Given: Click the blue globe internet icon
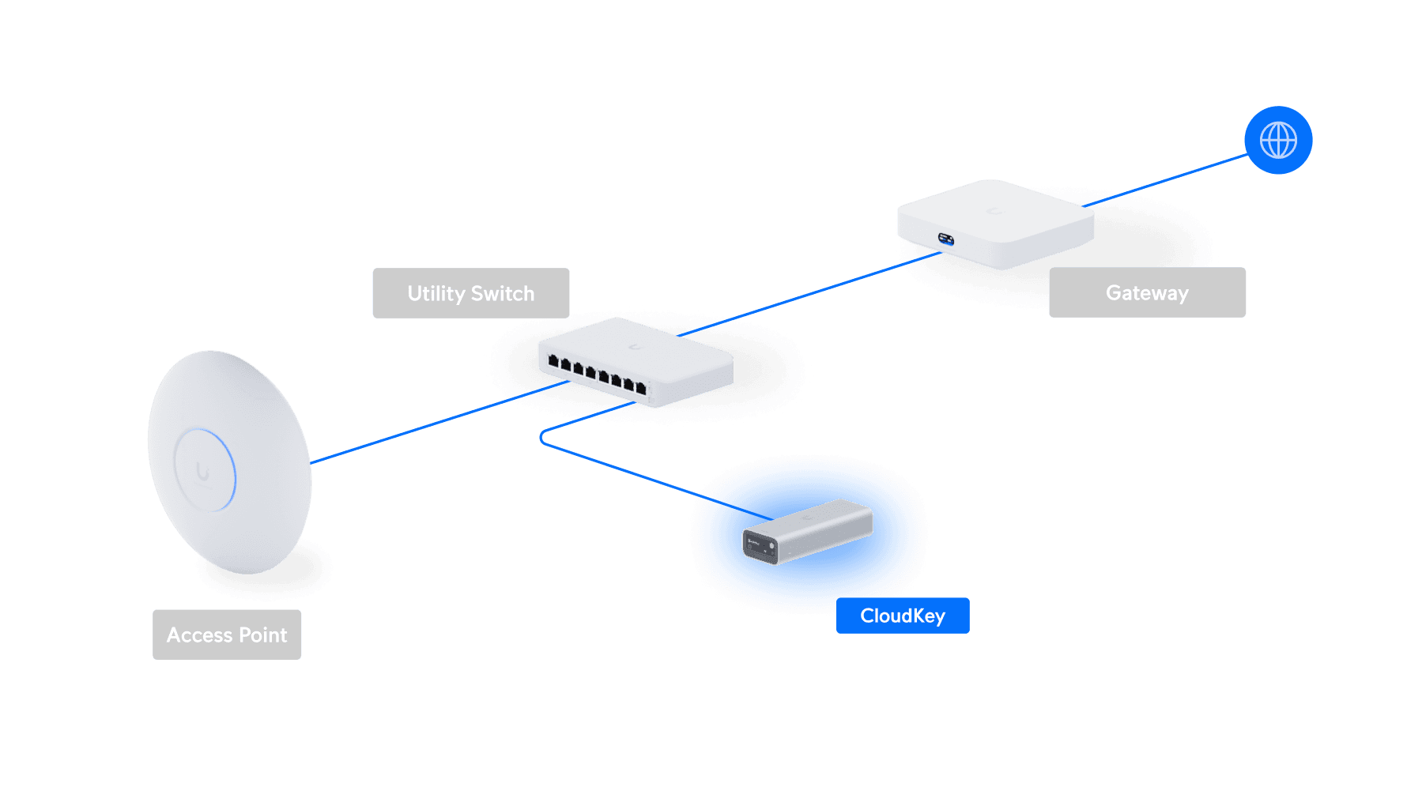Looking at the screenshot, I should pos(1278,141).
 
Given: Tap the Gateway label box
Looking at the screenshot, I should pos(1147,292).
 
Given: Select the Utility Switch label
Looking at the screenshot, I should pos(471,293).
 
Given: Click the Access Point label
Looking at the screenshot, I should pos(227,635).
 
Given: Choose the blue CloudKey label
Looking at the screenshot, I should pos(903,616).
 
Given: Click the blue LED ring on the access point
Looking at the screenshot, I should pos(233,474).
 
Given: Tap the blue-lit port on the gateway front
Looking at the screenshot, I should pos(946,239).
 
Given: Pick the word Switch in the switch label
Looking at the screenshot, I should pos(503,293).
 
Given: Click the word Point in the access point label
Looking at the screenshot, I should pos(263,635).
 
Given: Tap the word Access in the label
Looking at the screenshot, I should pos(199,635).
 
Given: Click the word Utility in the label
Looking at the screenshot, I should pos(436,293).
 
